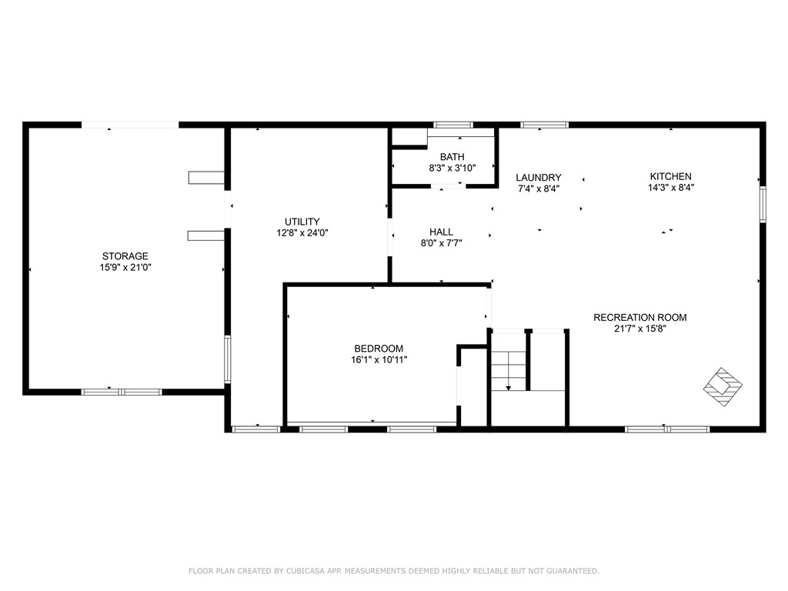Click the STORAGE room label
coord(125,256)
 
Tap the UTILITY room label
coord(302,222)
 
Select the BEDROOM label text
coord(379,349)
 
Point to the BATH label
coord(452,157)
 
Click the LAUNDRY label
coord(538,177)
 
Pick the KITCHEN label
coord(671,176)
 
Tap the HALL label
coord(441,232)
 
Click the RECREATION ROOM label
coord(639,317)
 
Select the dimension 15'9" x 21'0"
coord(125,267)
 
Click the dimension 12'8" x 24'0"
coord(302,232)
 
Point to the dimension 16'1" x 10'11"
coord(379,359)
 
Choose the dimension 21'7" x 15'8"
coord(639,328)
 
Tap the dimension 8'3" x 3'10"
coord(452,168)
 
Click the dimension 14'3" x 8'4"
coord(671,187)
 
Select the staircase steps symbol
coord(508,369)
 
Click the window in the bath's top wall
coord(452,124)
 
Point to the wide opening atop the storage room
coord(130,125)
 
